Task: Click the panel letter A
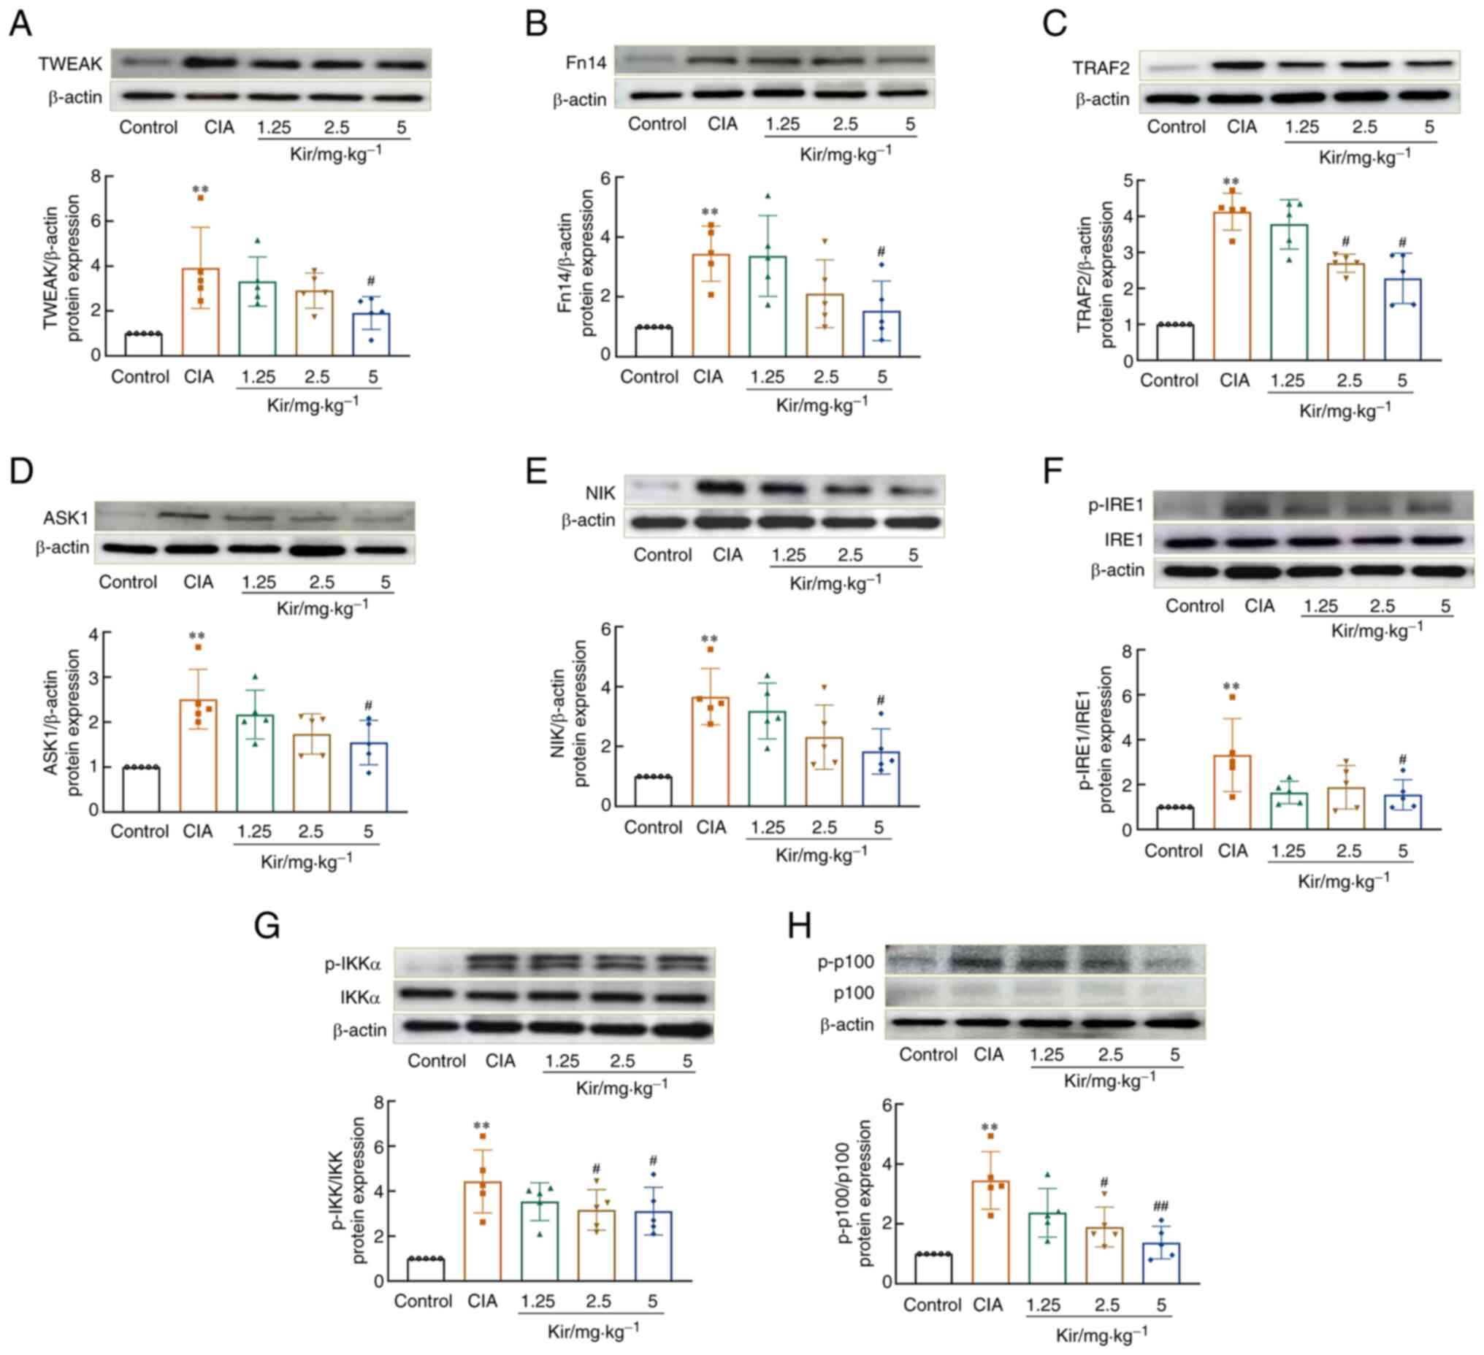tap(20, 23)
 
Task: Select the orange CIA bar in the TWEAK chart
tap(200, 312)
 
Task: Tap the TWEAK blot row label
tap(71, 64)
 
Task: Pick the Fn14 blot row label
tap(586, 63)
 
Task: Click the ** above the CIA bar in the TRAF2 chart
tap(1230, 182)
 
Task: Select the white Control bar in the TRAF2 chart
tap(1175, 342)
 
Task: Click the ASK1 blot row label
tap(66, 518)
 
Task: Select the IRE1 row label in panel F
tap(1123, 540)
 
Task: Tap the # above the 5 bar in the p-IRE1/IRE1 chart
tap(1402, 759)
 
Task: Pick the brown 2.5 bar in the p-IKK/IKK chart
tap(596, 1245)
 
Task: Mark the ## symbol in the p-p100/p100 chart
tap(1160, 1205)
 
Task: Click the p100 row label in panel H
tap(853, 993)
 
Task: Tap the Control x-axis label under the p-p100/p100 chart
tap(932, 1305)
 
